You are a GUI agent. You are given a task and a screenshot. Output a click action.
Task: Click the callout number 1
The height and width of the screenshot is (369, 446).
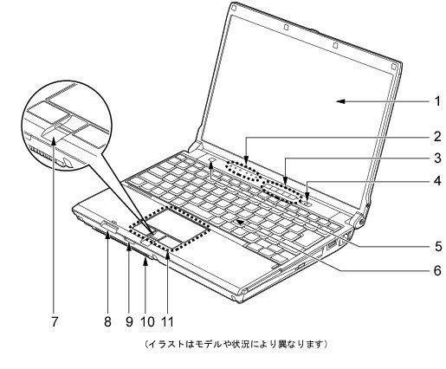click(438, 101)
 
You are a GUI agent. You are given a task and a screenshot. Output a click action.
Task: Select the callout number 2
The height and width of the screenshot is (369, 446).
click(437, 137)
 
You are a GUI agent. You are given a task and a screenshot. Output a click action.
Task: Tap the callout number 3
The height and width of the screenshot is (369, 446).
click(437, 158)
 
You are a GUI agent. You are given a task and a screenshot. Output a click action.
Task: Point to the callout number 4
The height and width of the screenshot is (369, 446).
click(437, 181)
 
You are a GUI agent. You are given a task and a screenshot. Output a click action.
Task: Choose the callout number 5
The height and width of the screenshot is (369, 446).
click(438, 246)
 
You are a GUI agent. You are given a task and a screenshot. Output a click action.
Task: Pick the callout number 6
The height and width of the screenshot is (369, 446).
click(437, 270)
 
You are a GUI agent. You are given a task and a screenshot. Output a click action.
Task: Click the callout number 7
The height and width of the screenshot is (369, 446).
click(55, 321)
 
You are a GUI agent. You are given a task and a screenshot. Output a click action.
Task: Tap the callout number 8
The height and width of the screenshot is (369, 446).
click(107, 321)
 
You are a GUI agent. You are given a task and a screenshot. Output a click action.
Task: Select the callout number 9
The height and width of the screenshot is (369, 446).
click(129, 321)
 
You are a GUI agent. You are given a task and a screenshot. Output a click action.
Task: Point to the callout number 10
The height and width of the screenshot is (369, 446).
click(147, 321)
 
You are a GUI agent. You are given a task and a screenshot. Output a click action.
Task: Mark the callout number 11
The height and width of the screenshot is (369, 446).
click(168, 321)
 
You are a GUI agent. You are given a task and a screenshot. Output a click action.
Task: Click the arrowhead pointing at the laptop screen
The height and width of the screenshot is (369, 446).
click(340, 101)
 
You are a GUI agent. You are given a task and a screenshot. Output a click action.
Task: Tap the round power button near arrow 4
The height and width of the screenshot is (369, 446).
click(307, 204)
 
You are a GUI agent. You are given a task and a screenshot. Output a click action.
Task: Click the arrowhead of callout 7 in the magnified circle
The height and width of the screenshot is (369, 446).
click(54, 141)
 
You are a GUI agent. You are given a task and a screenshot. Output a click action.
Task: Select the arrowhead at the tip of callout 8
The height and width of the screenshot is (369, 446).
click(107, 235)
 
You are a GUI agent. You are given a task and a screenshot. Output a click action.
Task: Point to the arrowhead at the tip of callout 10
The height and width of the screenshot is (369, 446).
click(145, 261)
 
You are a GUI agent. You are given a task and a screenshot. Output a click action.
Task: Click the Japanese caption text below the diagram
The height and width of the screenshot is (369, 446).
click(236, 344)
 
